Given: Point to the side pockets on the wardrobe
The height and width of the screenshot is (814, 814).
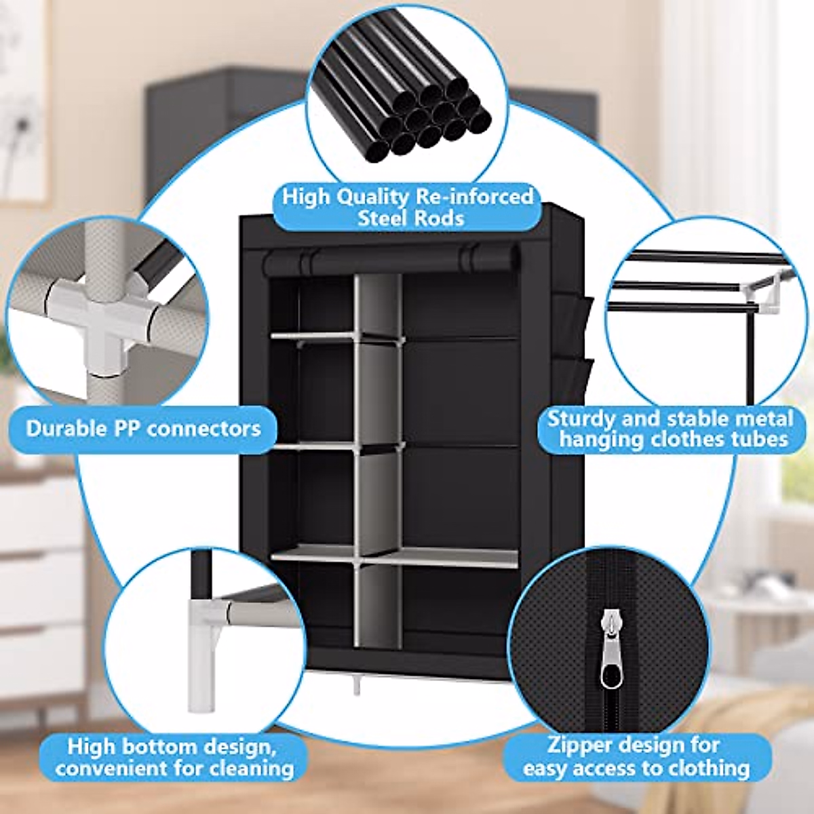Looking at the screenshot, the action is [573, 339].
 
